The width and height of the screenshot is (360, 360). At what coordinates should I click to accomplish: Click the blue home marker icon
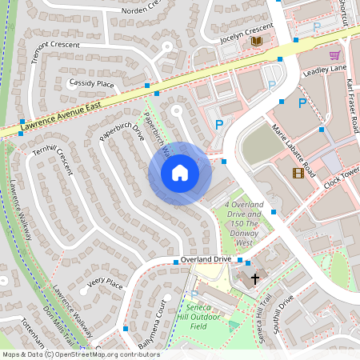(179, 172)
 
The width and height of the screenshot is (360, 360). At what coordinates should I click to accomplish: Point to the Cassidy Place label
(92, 83)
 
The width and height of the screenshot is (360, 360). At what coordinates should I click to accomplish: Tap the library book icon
(256, 41)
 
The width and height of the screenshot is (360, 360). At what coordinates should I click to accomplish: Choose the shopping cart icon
(334, 55)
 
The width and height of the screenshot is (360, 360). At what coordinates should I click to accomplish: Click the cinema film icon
(298, 173)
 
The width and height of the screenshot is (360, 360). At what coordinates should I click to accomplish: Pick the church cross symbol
(255, 279)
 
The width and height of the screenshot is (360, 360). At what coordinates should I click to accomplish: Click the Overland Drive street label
(206, 260)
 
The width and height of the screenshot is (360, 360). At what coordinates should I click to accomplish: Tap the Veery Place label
(106, 282)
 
